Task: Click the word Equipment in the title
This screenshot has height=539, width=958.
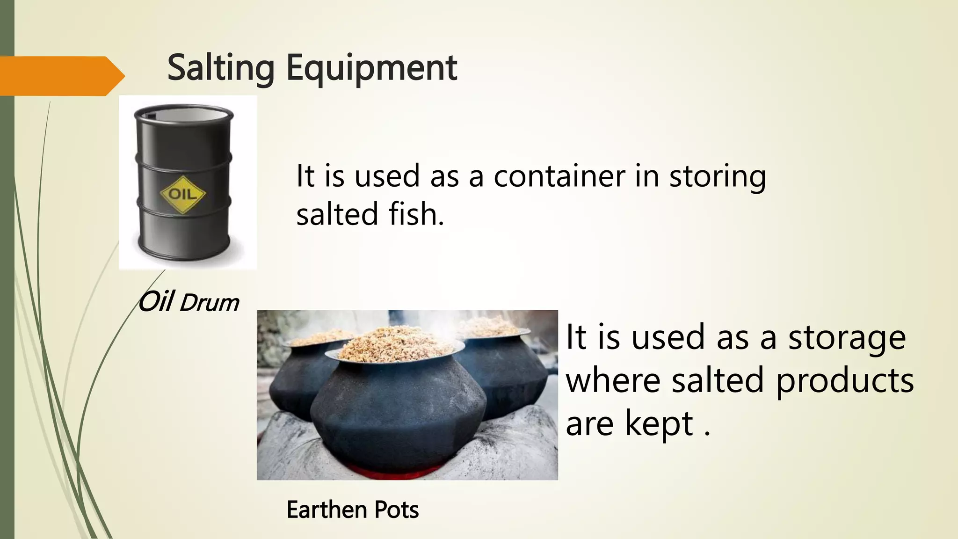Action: (371, 68)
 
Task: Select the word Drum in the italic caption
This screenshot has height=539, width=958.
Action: (209, 303)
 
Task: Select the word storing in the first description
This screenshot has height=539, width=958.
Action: (718, 176)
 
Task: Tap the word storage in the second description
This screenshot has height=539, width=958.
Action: (847, 338)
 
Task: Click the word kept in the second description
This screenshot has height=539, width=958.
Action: (659, 423)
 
